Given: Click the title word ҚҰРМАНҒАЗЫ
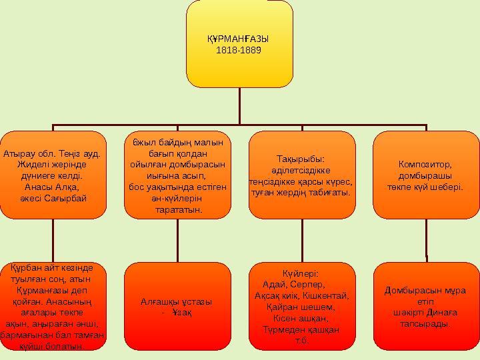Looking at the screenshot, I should pos(239,40).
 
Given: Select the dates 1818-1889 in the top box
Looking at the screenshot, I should pos(239,50).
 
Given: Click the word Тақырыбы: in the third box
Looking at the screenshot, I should pos(301,159).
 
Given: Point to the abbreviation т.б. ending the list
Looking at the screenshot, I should pos(301,341).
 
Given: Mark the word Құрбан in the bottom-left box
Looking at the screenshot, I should pos(25,267).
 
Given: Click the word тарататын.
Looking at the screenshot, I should pos(177,210).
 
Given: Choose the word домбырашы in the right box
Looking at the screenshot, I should pos(425,175).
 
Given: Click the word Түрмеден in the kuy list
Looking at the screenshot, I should pos(282,330).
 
